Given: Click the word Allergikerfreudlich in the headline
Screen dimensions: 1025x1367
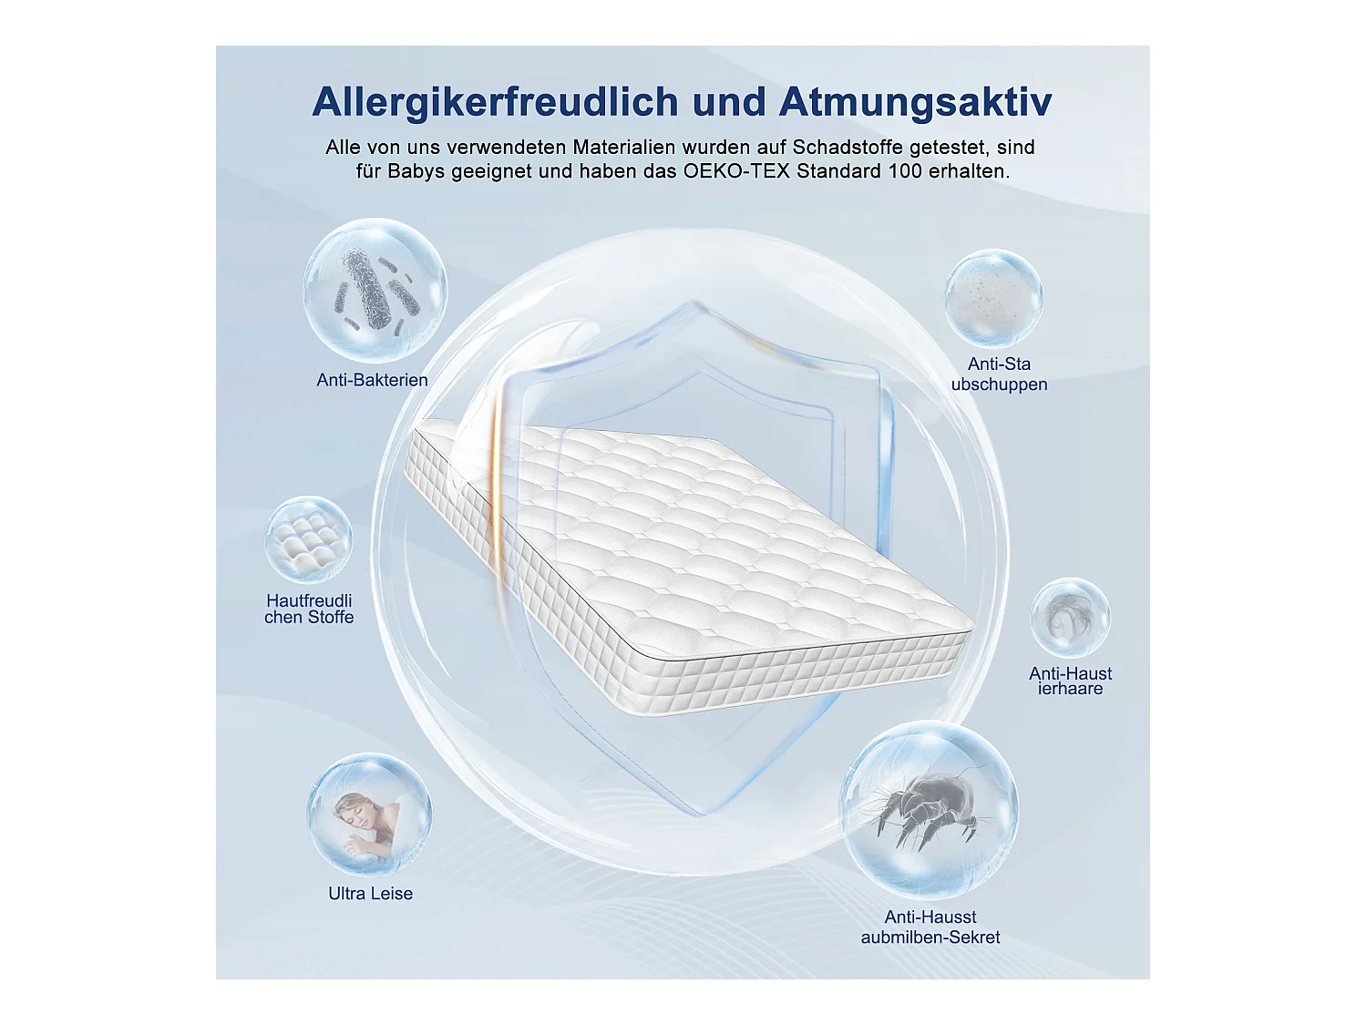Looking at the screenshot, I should point(495,101).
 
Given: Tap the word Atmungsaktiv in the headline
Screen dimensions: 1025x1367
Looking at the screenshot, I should point(915,101).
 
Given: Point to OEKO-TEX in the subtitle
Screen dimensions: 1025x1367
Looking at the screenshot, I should point(736,171).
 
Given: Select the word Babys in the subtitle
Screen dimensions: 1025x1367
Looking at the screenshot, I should point(416,171).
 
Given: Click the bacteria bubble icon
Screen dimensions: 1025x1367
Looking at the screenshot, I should point(375,290).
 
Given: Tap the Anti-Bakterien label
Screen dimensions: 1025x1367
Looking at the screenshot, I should point(372,380).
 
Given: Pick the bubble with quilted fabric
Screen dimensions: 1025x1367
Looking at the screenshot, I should point(308,539).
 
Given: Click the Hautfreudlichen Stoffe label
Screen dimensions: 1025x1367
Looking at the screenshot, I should point(309,609).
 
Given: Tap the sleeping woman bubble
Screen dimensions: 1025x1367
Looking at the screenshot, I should point(369,815).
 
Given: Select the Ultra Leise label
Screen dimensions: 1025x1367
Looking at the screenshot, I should point(370,894).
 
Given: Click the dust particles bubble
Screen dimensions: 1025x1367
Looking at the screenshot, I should point(993,298).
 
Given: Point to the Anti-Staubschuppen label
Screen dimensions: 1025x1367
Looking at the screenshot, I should point(999,374).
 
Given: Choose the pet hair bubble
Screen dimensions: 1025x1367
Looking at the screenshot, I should point(1070,618).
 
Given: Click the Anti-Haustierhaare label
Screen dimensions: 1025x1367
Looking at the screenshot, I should point(1070,681).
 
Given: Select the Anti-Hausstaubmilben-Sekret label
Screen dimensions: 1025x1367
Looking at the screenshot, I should point(930,927).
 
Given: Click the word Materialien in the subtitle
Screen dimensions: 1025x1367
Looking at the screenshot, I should point(624,148).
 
